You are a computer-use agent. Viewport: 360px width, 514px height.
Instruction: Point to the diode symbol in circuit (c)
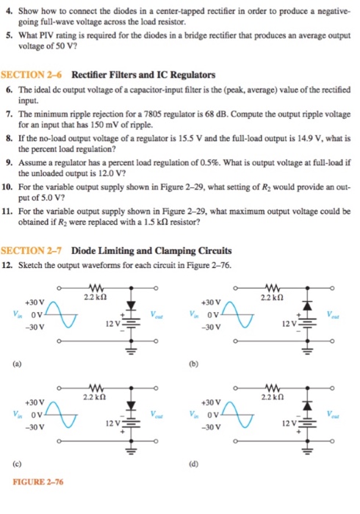tap(133, 405)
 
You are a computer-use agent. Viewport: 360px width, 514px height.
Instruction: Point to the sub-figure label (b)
tap(187, 361)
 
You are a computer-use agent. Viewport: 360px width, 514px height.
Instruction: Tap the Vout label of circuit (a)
tap(156, 314)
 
